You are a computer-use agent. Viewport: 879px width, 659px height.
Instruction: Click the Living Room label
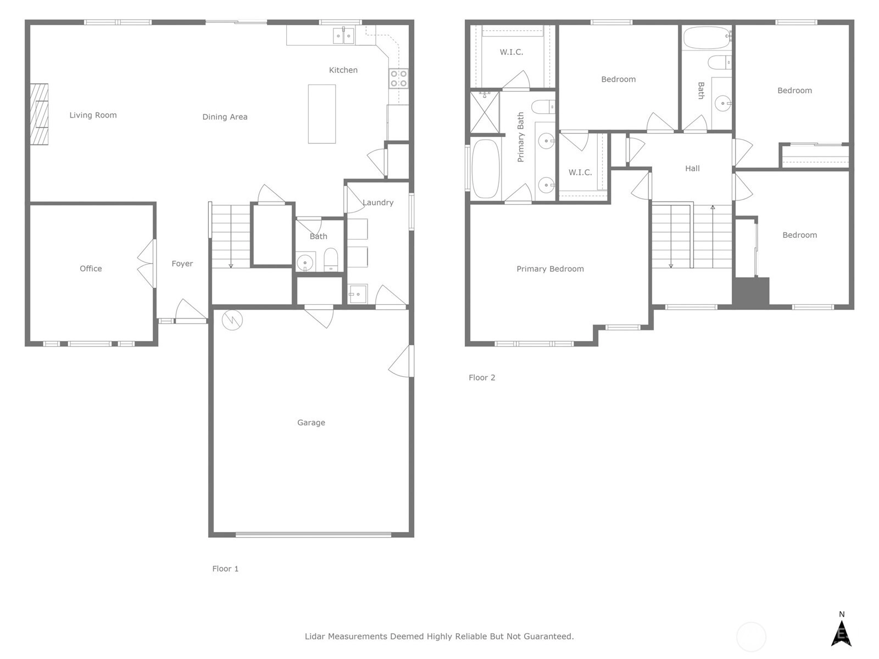(x=93, y=115)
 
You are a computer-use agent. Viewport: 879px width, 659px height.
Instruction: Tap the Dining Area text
(x=225, y=117)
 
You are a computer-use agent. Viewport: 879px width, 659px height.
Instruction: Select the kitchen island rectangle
(x=321, y=114)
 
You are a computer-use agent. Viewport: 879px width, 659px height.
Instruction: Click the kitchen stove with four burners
(x=398, y=79)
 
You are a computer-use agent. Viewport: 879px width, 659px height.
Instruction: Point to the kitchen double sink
(x=343, y=36)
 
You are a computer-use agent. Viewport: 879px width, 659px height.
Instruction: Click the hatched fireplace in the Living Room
(x=39, y=114)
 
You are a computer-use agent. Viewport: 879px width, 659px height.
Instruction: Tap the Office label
(x=91, y=269)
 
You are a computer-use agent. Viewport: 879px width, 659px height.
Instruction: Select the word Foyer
(x=182, y=264)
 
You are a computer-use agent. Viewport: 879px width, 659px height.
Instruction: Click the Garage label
(x=311, y=422)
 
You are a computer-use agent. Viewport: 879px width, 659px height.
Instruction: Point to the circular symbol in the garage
(x=232, y=320)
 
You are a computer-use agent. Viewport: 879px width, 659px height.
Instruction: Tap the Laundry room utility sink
(x=357, y=294)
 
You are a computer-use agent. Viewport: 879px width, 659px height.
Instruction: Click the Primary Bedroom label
(x=550, y=269)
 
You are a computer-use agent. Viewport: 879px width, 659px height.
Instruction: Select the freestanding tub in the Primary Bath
(x=485, y=169)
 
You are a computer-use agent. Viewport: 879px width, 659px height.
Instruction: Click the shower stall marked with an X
(x=485, y=113)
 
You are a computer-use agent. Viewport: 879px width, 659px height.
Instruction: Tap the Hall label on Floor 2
(x=692, y=169)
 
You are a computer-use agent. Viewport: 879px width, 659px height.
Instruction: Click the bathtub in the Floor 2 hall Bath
(x=707, y=37)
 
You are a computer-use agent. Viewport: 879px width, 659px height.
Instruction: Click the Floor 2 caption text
(x=482, y=377)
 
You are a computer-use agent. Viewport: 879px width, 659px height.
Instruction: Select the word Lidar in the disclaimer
(x=315, y=636)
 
